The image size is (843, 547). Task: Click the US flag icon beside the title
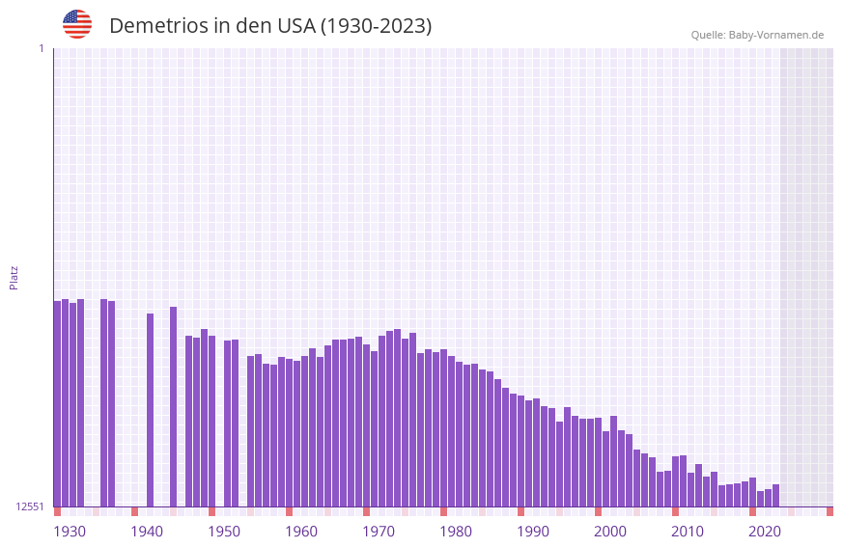pyautogui.click(x=77, y=24)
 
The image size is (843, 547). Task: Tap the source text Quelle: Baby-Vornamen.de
pyautogui.click(x=757, y=35)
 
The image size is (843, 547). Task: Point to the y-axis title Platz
pyautogui.click(x=14, y=278)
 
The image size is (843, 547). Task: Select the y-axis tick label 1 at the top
pyautogui.click(x=41, y=48)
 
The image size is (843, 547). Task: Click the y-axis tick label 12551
pyautogui.click(x=30, y=506)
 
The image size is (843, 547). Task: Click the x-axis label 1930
pyautogui.click(x=70, y=532)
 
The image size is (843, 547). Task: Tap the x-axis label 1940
pyautogui.click(x=147, y=532)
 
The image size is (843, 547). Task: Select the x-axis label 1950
pyautogui.click(x=224, y=532)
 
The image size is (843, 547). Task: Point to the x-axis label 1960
pyautogui.click(x=301, y=532)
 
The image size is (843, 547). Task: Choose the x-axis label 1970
pyautogui.click(x=379, y=532)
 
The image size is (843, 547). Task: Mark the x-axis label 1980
pyautogui.click(x=456, y=532)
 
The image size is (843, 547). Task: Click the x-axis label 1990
pyautogui.click(x=533, y=532)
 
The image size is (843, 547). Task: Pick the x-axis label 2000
pyautogui.click(x=610, y=532)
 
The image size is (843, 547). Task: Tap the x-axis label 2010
pyautogui.click(x=688, y=532)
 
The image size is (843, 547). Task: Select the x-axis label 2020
pyautogui.click(x=765, y=532)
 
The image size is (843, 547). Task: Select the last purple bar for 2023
pyautogui.click(x=775, y=495)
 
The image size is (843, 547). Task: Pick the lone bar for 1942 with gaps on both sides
pyautogui.click(x=150, y=410)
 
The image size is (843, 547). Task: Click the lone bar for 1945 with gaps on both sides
pyautogui.click(x=173, y=406)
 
